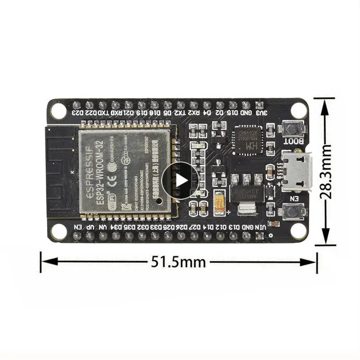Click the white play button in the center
point(180,180)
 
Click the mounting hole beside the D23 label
point(58,109)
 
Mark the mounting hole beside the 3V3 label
point(298,109)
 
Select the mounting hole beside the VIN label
point(298,230)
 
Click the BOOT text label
point(292,141)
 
